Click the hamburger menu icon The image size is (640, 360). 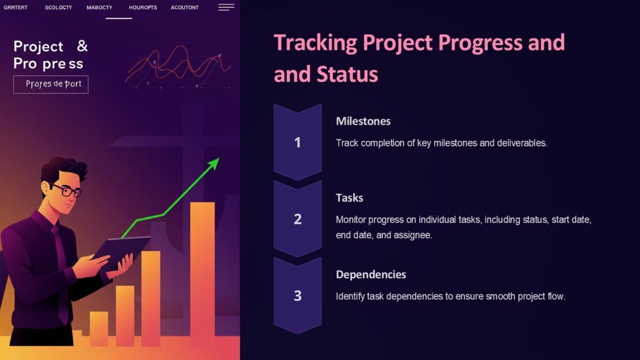226,7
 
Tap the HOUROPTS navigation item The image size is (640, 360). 143,7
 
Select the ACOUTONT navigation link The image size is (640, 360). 185,7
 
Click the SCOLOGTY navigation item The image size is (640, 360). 59,7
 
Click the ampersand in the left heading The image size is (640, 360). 82,46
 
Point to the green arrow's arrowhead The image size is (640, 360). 214,163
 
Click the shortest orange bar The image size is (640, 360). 99,329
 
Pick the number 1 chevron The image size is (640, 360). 298,142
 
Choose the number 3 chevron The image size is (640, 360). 298,295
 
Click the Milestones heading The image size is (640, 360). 363,121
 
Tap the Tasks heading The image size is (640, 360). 349,198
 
